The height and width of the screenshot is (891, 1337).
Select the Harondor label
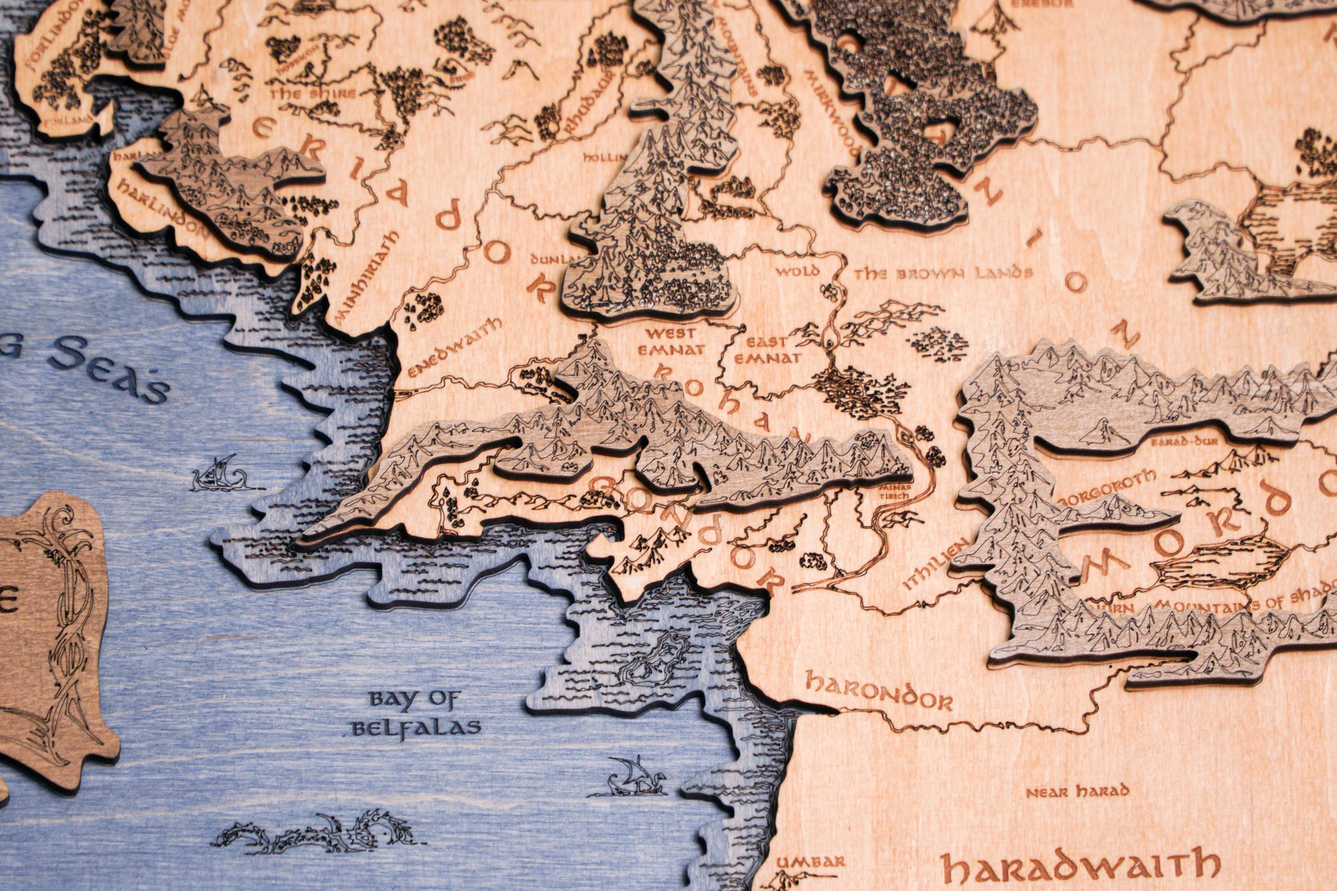click(878, 691)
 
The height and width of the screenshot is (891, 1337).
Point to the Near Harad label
click(1077, 791)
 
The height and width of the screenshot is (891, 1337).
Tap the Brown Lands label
click(943, 273)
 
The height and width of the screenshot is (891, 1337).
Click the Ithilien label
click(936, 563)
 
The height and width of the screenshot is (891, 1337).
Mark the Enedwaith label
click(454, 348)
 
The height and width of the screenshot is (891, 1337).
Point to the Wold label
click(797, 271)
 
